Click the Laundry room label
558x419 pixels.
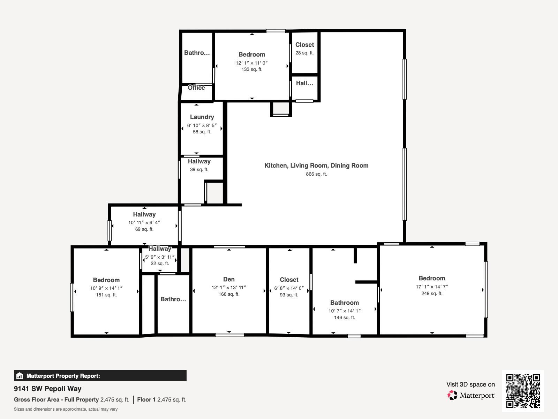point(202,117)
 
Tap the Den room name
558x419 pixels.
point(229,279)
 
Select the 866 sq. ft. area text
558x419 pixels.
point(316,174)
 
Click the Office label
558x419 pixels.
point(196,88)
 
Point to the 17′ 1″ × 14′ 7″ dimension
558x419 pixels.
point(432,287)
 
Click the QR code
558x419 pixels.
point(523,391)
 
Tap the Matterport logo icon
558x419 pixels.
point(453,395)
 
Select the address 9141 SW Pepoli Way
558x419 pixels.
point(48,389)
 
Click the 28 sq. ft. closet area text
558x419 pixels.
point(304,53)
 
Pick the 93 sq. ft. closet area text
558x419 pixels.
point(289,295)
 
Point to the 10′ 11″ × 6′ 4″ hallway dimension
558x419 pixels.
point(144,222)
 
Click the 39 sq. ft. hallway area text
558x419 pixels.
point(199,169)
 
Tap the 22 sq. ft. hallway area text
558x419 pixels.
point(160,263)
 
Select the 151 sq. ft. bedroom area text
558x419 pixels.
point(106,295)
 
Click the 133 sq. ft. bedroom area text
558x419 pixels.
point(252,69)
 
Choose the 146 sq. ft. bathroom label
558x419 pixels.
point(344,317)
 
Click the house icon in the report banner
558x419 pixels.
point(20,376)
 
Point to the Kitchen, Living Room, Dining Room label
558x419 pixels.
point(316,166)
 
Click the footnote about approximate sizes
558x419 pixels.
point(66,409)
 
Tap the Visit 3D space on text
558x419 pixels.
point(470,384)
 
